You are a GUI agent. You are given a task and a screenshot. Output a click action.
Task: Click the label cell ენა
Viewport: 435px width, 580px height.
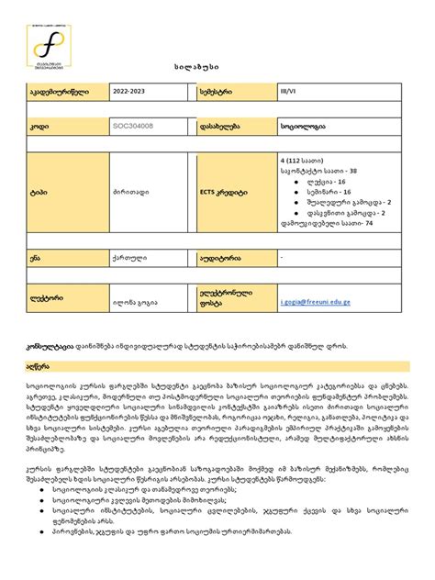(x=36, y=259)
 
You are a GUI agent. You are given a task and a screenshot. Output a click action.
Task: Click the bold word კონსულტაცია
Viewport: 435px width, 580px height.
(x=51, y=344)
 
